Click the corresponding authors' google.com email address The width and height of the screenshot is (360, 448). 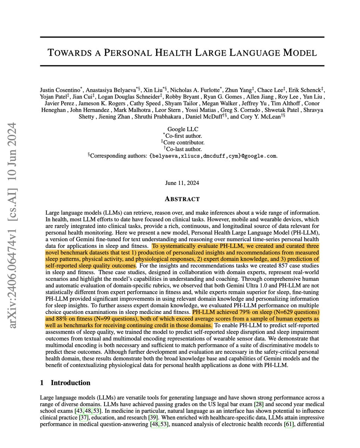coord(213,156)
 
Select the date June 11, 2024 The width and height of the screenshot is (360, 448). coord(182,183)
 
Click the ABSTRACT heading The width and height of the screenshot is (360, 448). coord(182,199)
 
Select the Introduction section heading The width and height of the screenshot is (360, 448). coord(71,383)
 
